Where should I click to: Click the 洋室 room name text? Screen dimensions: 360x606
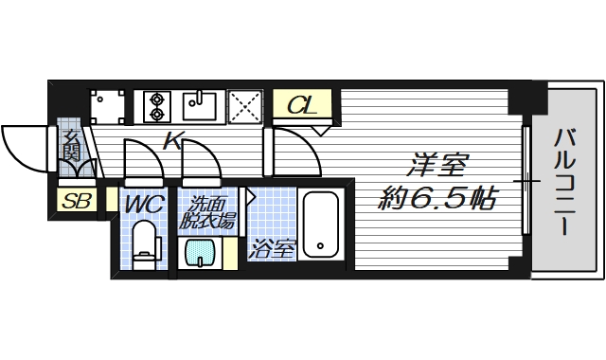click(x=437, y=165)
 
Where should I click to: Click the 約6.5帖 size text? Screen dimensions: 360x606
click(x=436, y=199)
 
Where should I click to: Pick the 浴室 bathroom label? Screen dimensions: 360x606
click(x=272, y=250)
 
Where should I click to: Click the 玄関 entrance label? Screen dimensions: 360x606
click(x=72, y=147)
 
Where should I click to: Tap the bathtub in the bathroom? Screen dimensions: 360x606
click(x=322, y=227)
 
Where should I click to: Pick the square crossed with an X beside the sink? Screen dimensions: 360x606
click(x=245, y=104)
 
